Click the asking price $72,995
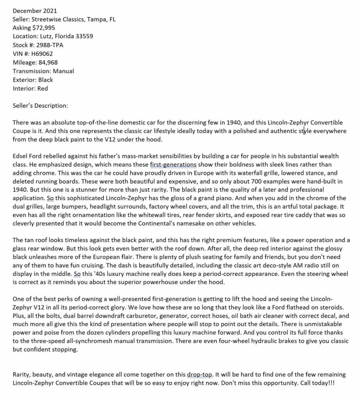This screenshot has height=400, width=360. tap(43, 27)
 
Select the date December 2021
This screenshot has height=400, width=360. tap(34, 10)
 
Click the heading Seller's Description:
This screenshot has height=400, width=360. tap(40, 106)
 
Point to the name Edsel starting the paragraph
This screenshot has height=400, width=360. tap(20, 156)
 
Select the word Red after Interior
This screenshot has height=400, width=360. tap(43, 89)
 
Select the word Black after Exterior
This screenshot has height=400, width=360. tap(45, 80)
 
